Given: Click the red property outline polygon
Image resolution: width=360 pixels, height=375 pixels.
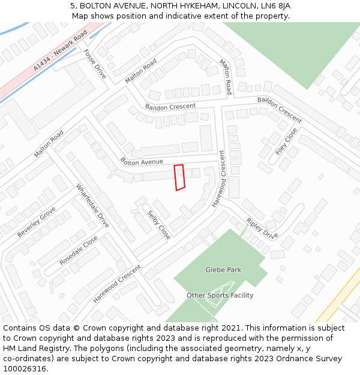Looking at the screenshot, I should pos(179,178).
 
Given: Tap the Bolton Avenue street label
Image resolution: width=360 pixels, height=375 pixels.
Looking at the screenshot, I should pos(142,162).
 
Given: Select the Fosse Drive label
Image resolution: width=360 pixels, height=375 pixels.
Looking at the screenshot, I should pos(95,64).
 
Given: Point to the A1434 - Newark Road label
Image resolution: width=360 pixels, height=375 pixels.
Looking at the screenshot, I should pos(60,50).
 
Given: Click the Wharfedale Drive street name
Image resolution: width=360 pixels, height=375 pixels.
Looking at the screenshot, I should pos(92,206).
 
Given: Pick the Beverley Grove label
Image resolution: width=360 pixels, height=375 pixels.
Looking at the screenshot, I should pos(36,222).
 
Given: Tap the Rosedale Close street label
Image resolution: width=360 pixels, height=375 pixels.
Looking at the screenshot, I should pos(79,251).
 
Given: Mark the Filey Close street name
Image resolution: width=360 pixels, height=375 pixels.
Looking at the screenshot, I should pos(286,142).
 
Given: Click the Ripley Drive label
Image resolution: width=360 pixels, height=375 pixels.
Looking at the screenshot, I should pos(262,228).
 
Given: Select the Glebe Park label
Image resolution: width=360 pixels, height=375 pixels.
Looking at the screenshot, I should pos(223,270).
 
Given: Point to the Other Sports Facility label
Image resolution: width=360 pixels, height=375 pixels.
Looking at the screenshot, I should pos(220,295).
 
